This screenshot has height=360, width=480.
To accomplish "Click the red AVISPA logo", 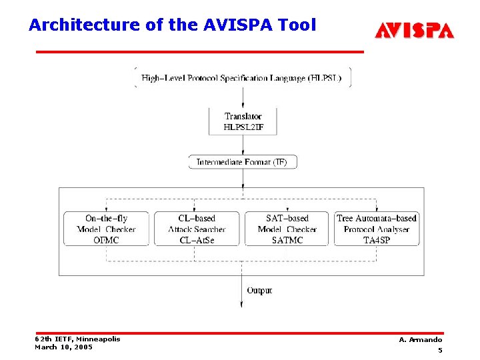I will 414,30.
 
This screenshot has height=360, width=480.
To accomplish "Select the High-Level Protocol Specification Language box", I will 243,77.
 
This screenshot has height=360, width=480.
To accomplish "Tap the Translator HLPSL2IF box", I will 243,121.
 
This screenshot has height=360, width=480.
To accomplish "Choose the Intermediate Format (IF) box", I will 243,162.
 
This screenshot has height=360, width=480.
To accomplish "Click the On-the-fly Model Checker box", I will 106,229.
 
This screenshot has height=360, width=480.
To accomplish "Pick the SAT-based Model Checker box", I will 287,229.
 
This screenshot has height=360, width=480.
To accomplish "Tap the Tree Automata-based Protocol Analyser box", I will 377,229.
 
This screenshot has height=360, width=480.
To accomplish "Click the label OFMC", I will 106,240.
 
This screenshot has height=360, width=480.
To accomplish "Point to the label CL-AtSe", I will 197,240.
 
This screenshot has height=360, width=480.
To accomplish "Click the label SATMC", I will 287,240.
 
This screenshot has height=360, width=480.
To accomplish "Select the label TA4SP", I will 377,240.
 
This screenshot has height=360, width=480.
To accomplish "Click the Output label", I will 259,291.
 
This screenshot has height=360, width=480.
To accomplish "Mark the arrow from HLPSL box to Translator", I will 243,97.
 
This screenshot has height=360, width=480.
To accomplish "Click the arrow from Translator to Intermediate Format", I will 243,145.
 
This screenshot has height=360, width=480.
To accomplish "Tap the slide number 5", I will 440,351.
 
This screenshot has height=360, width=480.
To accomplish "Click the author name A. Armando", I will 420,340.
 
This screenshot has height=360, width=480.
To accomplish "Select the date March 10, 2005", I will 63,347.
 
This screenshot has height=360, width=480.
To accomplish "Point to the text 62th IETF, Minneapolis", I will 77,339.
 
